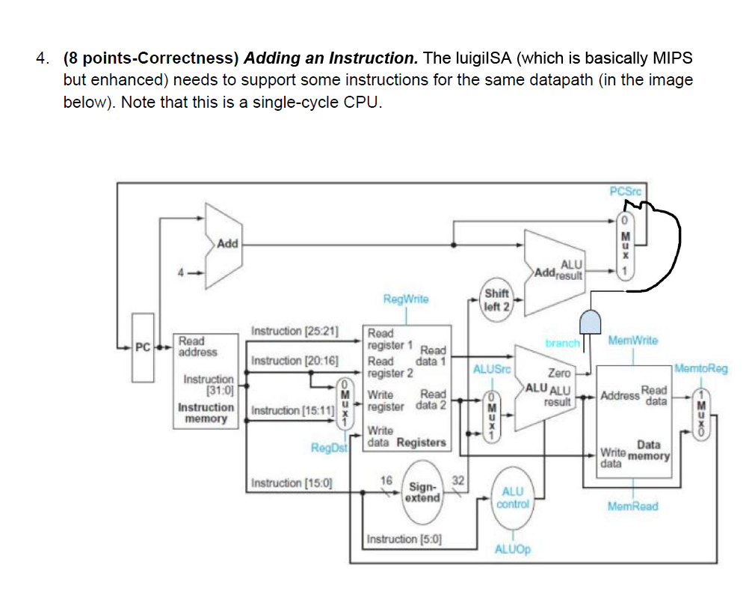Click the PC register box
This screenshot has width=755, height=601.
pos(142,347)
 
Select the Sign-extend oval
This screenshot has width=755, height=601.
pos(422,491)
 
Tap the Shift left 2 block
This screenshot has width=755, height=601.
pos(496,300)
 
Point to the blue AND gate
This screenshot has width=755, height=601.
pos(591,323)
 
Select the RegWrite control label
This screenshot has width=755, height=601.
pos(405,299)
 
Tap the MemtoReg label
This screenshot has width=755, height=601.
pos(700,368)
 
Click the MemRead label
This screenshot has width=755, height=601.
pos(632,507)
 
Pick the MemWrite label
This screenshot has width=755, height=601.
pos(632,341)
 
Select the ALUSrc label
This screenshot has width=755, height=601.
pos(491,368)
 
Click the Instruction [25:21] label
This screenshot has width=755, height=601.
pos(295,331)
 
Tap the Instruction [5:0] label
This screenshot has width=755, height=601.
pos(403,539)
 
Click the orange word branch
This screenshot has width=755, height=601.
pos(562,343)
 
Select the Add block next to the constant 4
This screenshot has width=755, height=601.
pos(221,244)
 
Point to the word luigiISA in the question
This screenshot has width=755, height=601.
pos(486,58)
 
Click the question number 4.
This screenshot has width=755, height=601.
pos(45,58)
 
